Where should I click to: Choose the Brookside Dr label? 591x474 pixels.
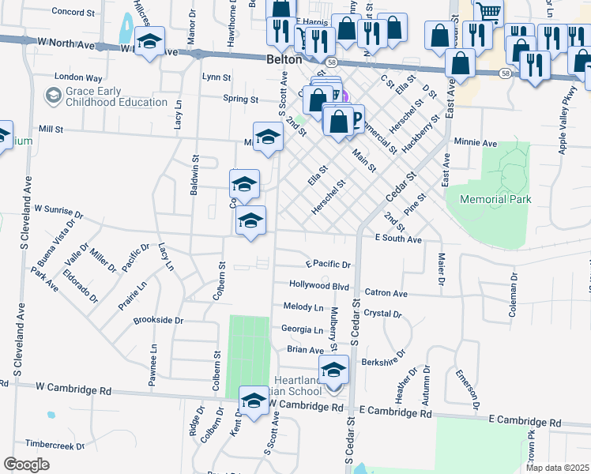(158, 321)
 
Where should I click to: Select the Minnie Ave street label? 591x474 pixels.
(475, 144)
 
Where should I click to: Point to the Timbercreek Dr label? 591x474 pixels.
(55, 446)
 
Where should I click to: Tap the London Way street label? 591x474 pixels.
(78, 78)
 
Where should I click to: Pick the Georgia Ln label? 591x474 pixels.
(302, 329)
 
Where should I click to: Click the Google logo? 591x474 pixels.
(26, 465)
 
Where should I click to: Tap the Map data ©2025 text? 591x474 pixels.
(556, 468)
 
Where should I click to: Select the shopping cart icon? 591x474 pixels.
(489, 12)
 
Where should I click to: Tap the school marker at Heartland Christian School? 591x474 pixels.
(333, 369)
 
